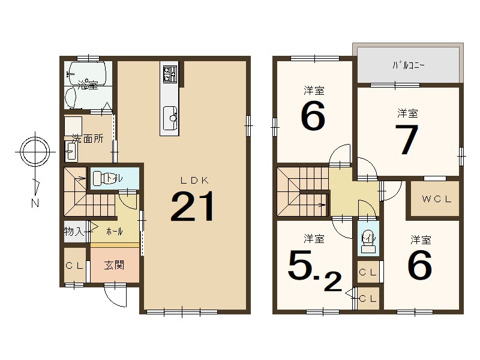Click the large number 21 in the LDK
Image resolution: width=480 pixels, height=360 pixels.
(x=192, y=206)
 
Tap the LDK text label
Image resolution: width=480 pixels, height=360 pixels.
(x=194, y=181)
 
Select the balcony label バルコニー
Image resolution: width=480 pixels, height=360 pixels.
(x=409, y=65)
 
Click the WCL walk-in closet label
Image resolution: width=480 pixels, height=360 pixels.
(x=437, y=199)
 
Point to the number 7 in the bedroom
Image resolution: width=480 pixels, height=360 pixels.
(x=407, y=140)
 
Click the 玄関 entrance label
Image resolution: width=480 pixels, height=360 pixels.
(x=114, y=265)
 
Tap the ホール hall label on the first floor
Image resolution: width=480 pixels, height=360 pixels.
(x=115, y=232)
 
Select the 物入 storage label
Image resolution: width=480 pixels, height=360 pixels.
(x=74, y=231)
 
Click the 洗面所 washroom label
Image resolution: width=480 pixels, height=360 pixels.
(x=88, y=139)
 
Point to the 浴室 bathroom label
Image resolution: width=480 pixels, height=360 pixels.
(x=88, y=85)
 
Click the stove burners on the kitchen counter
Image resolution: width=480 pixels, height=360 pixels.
(x=170, y=74)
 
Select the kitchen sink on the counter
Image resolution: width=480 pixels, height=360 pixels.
(x=170, y=118)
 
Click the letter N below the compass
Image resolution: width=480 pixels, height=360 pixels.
(x=35, y=203)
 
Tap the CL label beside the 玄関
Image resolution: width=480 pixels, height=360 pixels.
(x=74, y=266)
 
